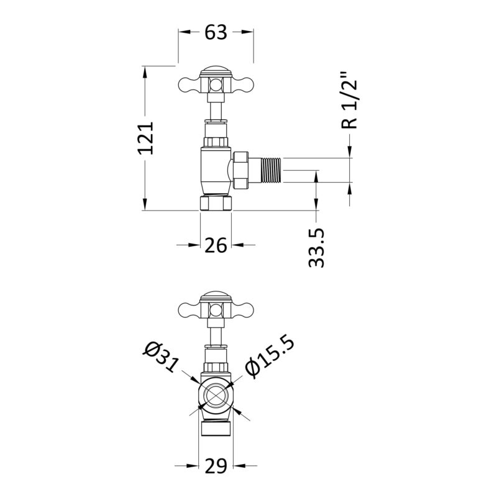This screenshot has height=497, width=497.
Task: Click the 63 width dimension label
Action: click(x=216, y=32)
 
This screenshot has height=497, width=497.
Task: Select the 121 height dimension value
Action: click(x=146, y=138)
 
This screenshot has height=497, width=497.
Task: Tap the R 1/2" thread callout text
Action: click(x=349, y=101)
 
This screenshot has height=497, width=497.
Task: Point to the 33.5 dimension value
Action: click(x=316, y=248)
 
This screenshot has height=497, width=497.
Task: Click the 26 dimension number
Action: click(x=216, y=245)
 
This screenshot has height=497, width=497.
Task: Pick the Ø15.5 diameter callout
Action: click(x=270, y=358)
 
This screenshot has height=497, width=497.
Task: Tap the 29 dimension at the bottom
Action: click(x=216, y=465)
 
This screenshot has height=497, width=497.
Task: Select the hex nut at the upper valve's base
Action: click(x=216, y=203)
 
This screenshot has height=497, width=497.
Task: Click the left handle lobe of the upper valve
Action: click(x=189, y=84)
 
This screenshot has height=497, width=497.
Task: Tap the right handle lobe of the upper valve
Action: click(x=243, y=84)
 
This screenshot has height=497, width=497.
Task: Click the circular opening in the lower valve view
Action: click(x=216, y=394)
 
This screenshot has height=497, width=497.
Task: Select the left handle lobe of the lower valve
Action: click(x=189, y=309)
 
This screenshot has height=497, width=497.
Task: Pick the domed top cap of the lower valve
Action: click(x=216, y=296)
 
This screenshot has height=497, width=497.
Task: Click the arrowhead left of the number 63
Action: click(x=185, y=32)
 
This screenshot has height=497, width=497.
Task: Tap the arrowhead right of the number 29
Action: click(x=239, y=465)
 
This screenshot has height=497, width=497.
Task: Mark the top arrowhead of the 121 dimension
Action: click(x=145, y=73)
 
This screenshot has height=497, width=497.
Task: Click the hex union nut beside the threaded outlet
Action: click(x=240, y=170)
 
